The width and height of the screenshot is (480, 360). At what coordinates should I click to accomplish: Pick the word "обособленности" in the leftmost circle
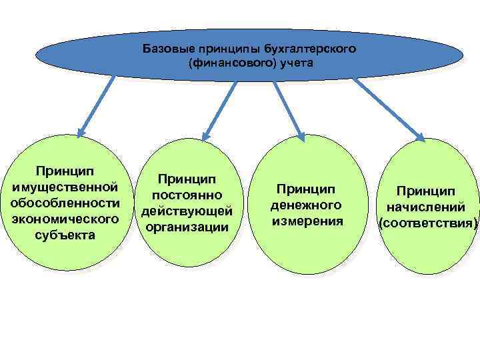[x=65, y=202]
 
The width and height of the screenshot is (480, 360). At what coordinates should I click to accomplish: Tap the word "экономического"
[x=65, y=219]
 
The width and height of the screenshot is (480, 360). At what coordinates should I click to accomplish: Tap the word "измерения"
[x=306, y=221]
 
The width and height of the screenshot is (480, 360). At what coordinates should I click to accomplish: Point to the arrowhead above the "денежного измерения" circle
[x=301, y=137]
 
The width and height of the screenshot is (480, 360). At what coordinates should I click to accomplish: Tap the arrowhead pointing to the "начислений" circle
[x=421, y=137]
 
